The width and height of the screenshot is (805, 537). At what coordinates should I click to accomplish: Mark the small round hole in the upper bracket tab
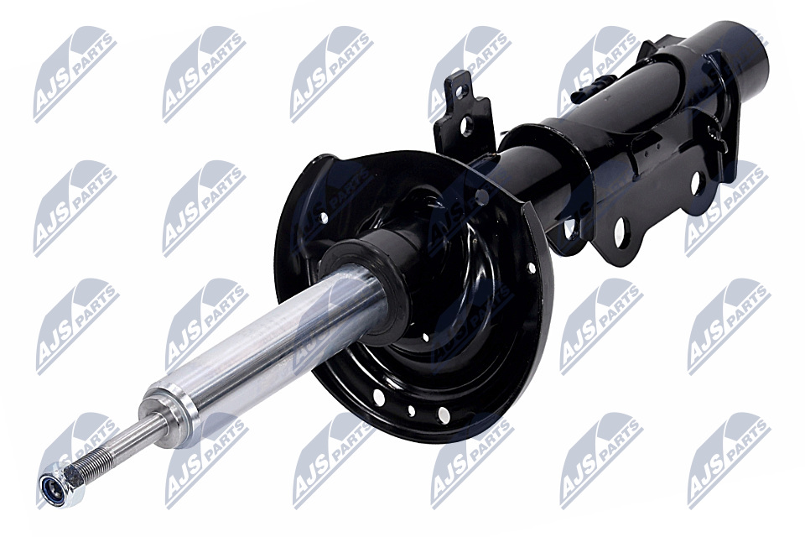pos(459,92)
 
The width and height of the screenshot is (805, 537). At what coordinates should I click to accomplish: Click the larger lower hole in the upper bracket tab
pos(467,126)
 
